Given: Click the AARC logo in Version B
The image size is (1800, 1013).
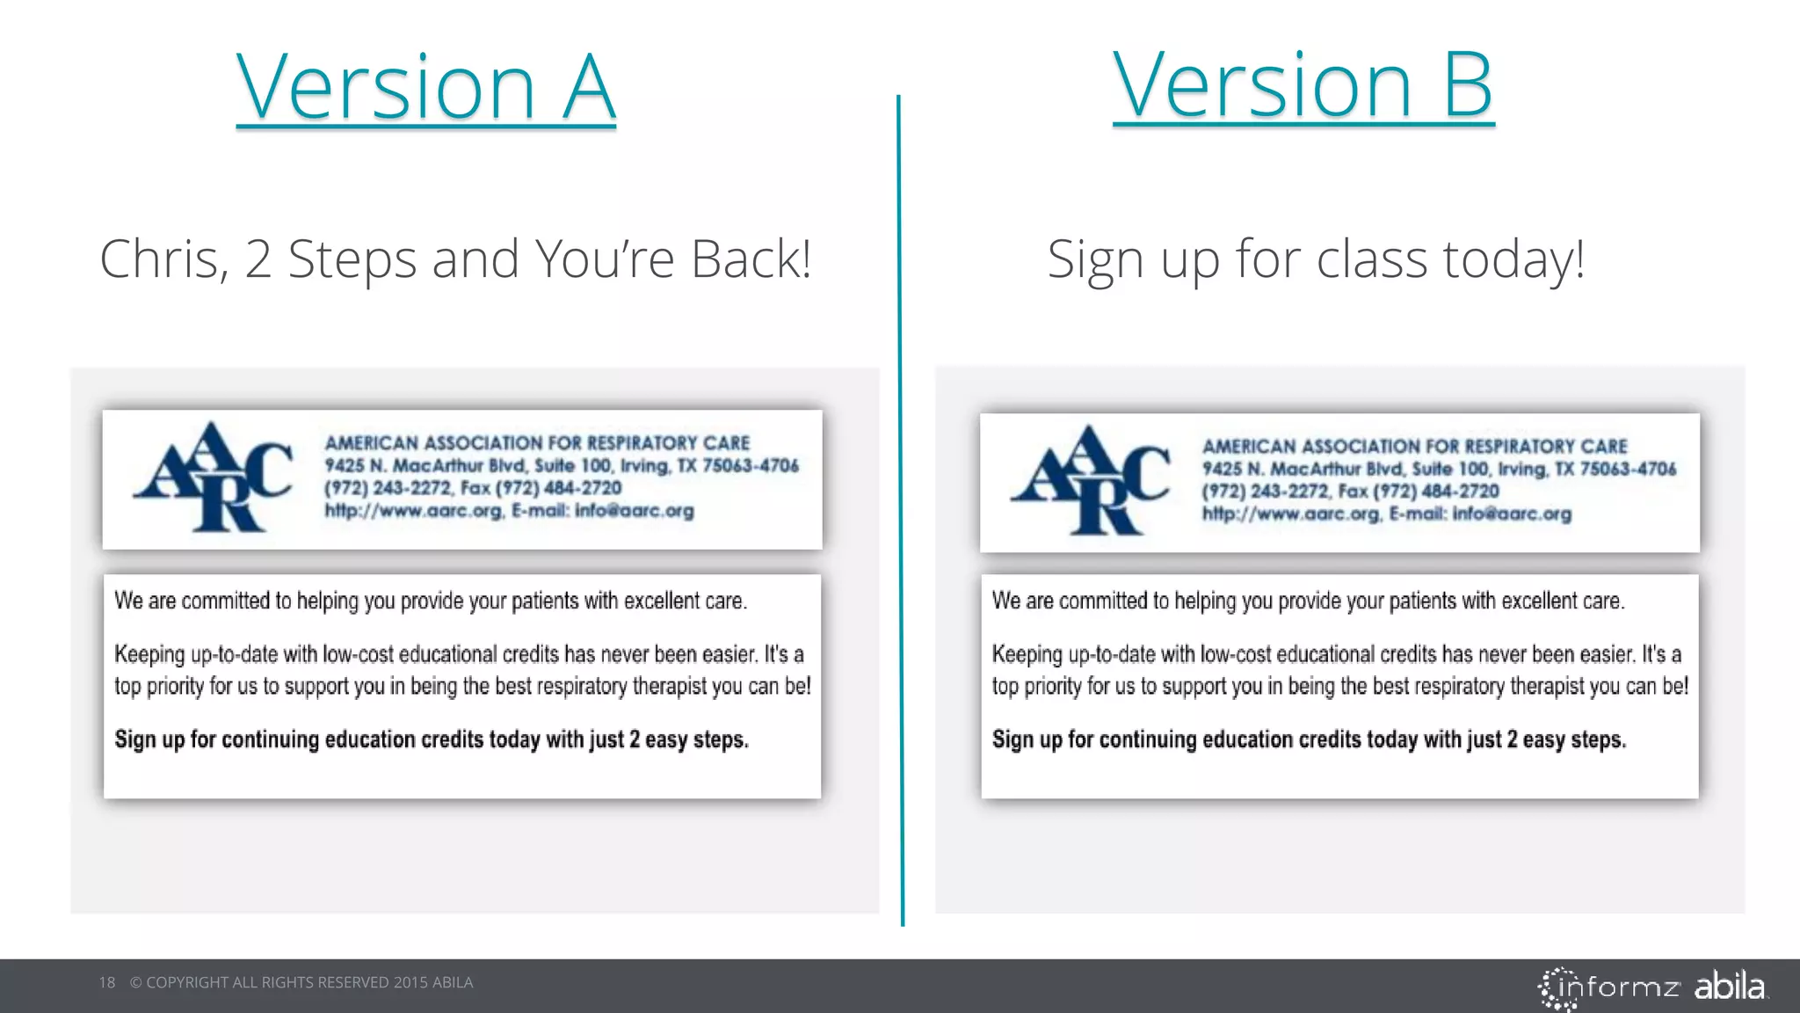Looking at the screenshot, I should (x=1090, y=481).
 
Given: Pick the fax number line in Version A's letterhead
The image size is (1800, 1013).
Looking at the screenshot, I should (x=473, y=488).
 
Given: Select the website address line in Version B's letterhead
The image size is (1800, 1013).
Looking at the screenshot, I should (x=1386, y=514).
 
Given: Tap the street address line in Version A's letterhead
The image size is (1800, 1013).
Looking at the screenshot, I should (x=561, y=465).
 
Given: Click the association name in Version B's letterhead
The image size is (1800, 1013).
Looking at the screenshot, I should (x=1414, y=447).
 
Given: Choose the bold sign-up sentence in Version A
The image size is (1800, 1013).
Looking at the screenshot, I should (x=431, y=740).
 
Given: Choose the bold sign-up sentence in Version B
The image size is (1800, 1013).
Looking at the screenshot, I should (x=1309, y=740).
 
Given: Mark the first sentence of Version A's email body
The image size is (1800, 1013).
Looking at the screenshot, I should (x=430, y=601).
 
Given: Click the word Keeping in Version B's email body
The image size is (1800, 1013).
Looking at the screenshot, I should (x=1027, y=654).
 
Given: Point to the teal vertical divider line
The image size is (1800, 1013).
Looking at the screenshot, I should (x=900, y=510).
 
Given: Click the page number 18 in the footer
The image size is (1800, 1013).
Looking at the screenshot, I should (x=107, y=982).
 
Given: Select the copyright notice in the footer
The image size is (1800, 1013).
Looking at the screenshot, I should (x=301, y=982).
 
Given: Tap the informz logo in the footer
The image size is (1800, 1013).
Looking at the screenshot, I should (x=1608, y=987).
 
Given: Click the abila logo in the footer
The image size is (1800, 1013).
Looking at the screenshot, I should (x=1729, y=987).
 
